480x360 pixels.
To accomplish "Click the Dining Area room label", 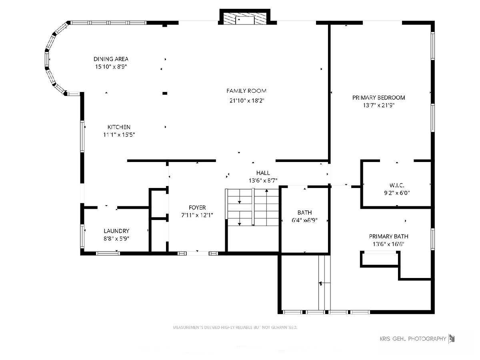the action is (x=111, y=59).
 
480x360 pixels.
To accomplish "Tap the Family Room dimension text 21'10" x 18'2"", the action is (x=247, y=100).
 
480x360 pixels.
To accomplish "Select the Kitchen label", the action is (x=119, y=127).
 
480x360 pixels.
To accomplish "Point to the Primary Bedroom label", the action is (x=378, y=98).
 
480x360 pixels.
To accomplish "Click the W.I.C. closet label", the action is (x=397, y=185).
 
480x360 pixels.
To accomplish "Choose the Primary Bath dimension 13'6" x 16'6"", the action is (x=388, y=244).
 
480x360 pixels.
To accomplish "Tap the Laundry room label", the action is (x=116, y=231).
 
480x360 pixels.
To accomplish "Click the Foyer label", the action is (x=197, y=208).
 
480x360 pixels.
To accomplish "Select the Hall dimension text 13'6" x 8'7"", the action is (x=263, y=180).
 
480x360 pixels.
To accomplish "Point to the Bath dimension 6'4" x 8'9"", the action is (x=304, y=220).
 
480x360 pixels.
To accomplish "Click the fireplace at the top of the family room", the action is (x=245, y=17).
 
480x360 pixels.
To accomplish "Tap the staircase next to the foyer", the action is (x=252, y=207).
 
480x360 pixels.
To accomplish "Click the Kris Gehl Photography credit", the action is (x=413, y=339).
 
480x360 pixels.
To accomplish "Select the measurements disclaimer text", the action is (x=235, y=327).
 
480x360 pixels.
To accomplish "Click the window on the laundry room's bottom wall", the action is (x=108, y=254).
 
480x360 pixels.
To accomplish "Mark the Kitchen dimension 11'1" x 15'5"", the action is (x=119, y=135).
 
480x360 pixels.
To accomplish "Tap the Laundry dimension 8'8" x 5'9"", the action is (x=116, y=238).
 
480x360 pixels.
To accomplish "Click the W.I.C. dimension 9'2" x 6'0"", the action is (x=397, y=193).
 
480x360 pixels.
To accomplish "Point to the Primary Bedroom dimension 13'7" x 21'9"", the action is (x=379, y=105).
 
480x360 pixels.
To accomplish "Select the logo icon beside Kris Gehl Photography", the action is (x=452, y=339).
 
